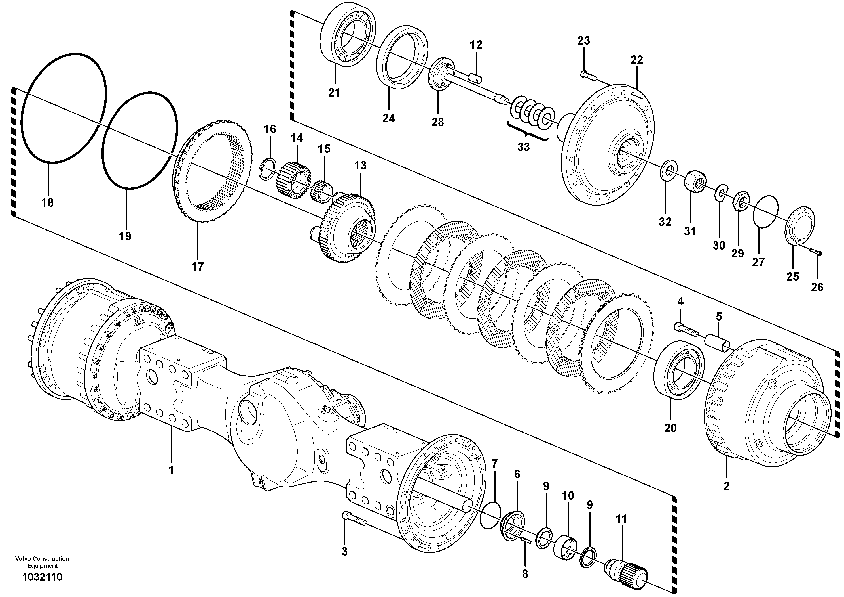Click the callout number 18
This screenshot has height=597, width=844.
pyautogui.click(x=47, y=202)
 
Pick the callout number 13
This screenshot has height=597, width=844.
pyautogui.click(x=360, y=166)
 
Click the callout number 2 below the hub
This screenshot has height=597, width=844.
pyautogui.click(x=726, y=486)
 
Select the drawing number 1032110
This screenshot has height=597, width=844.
pyautogui.click(x=42, y=577)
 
